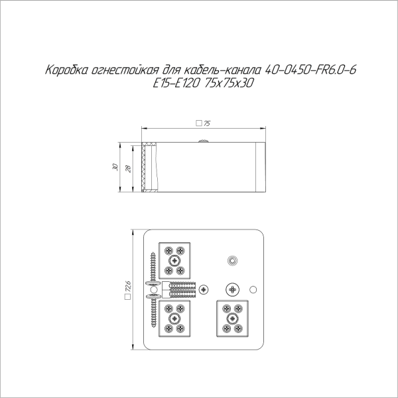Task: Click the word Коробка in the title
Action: (66, 70)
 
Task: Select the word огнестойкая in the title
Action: (125, 70)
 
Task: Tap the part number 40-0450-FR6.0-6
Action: (310, 70)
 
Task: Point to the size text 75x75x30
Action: (228, 83)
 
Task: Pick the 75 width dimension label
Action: (207, 123)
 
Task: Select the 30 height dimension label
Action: (115, 167)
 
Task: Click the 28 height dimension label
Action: (128, 168)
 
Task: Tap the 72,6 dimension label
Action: (127, 286)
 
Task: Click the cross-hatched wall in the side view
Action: (143, 167)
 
